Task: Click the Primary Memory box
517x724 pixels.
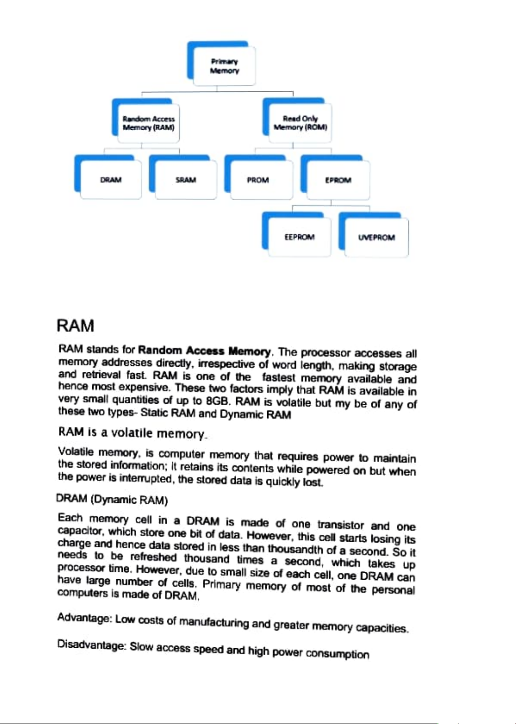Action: [x=224, y=66]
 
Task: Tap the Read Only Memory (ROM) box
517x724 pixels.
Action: [x=300, y=123]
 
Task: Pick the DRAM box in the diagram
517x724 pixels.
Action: [x=111, y=180]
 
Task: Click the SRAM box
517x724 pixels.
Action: [x=185, y=180]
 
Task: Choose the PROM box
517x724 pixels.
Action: [x=258, y=180]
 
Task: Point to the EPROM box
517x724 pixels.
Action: [x=338, y=180]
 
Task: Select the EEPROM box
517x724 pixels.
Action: [x=299, y=237]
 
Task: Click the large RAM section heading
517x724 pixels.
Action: [x=75, y=326]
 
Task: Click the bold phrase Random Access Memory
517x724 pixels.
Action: [x=204, y=351]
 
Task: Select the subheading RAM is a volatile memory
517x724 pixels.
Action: [x=133, y=432]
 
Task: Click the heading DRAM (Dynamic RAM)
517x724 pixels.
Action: [x=112, y=499]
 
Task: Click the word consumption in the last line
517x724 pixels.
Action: [x=338, y=654]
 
